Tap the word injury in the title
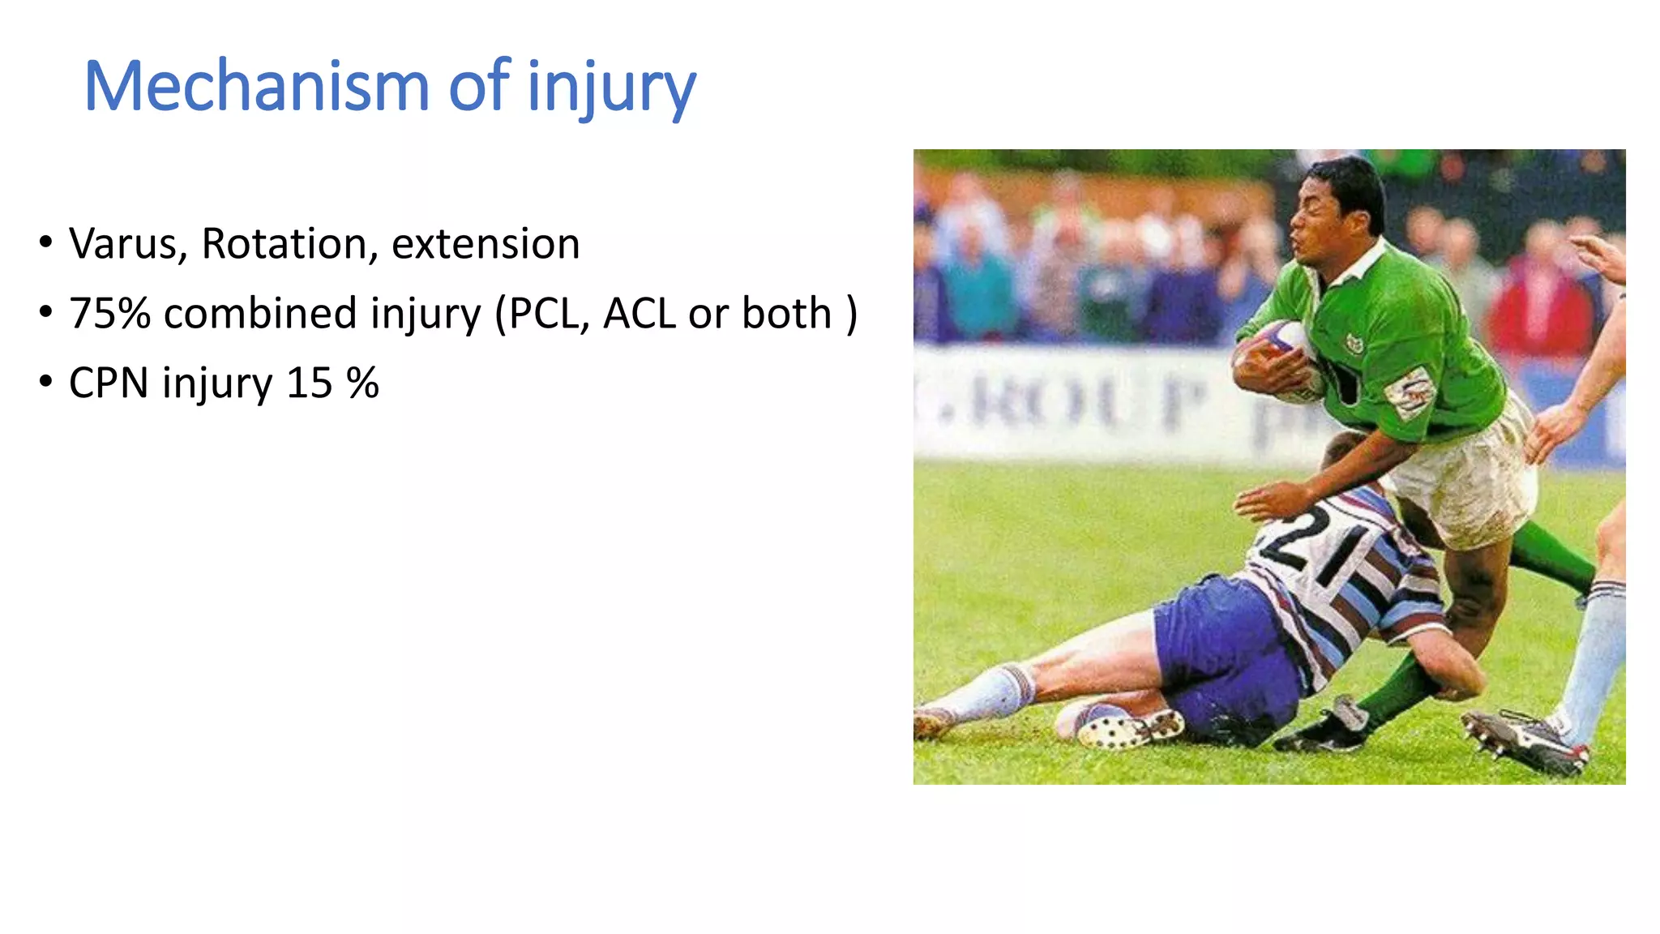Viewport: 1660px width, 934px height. pos(611,88)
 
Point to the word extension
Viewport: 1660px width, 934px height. pos(486,243)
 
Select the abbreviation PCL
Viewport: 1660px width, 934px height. pos(545,313)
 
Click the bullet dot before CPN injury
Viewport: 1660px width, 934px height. pos(45,381)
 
